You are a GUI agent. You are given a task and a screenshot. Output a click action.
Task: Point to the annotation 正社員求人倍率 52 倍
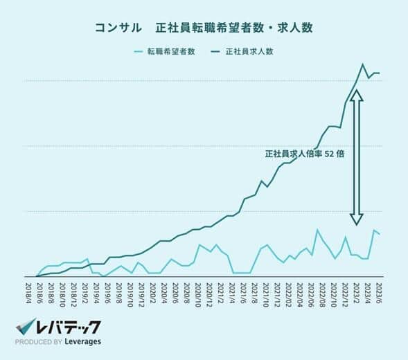pos(304,154)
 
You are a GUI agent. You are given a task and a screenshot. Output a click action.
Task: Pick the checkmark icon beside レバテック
pos(26,326)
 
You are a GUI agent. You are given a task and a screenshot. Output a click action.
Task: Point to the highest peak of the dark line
pos(362,64)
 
